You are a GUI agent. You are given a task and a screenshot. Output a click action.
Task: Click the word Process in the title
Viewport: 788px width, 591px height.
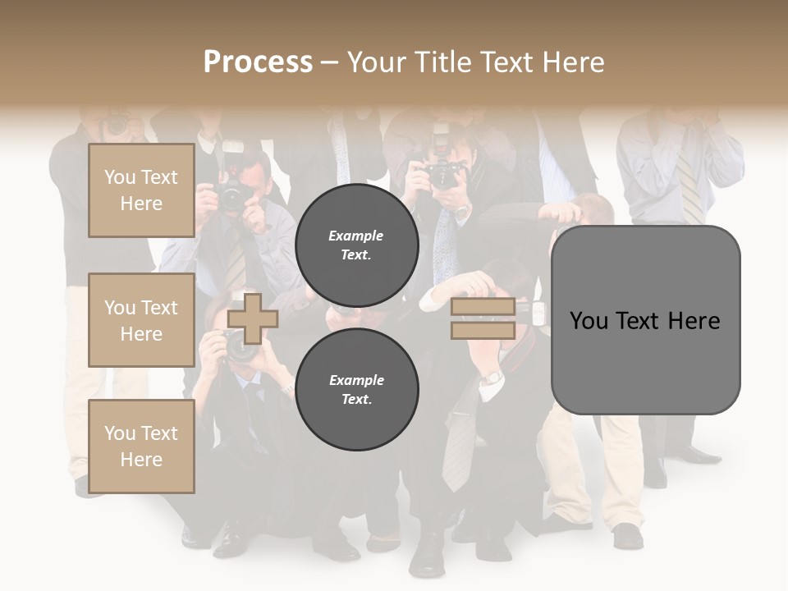(x=258, y=62)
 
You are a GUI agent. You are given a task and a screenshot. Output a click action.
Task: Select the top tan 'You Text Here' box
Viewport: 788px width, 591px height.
(x=141, y=190)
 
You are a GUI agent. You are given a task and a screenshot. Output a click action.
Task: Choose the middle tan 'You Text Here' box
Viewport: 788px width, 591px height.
(x=141, y=320)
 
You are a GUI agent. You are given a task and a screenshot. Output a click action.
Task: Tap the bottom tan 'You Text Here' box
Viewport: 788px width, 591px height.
(x=141, y=446)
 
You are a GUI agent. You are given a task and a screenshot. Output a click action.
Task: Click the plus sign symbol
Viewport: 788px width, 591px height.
(x=252, y=318)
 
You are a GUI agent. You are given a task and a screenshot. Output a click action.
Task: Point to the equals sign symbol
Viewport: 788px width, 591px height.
(x=483, y=318)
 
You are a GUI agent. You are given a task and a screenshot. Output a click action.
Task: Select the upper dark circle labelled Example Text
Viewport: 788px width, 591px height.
(x=356, y=245)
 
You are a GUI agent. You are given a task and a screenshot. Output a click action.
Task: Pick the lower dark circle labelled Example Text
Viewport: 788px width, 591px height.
(x=356, y=389)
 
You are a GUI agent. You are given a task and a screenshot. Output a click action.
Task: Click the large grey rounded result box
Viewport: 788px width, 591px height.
(x=645, y=319)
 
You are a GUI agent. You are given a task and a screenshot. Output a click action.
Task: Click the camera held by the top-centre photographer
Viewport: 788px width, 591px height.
(x=444, y=172)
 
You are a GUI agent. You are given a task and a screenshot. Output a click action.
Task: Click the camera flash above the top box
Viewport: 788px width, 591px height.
(x=232, y=148)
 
